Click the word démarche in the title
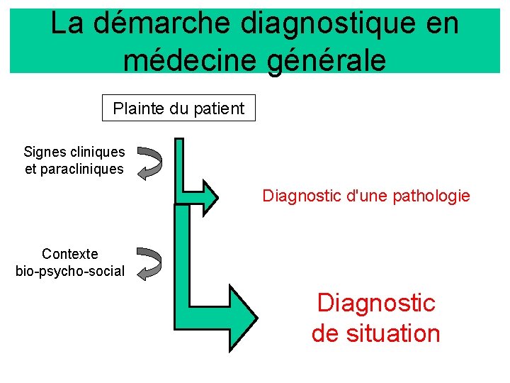click(162, 24)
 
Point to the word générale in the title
click(327, 59)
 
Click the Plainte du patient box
click(178, 109)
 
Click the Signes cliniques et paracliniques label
click(74, 160)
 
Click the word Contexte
click(70, 254)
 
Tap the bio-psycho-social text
click(70, 271)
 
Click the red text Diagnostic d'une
click(326, 196)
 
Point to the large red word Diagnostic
click(376, 303)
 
